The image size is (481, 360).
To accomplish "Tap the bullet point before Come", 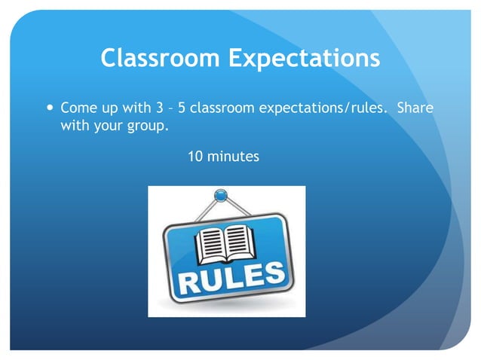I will pos(50,108).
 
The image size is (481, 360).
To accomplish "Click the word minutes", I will pos(233,157).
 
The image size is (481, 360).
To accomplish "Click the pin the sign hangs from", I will pos(220,196).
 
